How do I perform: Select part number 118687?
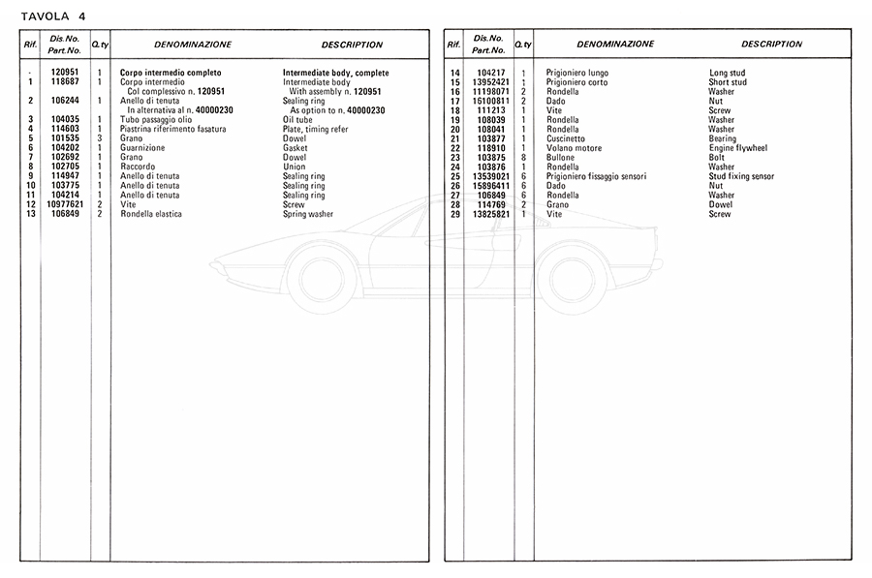pyautogui.click(x=64, y=82)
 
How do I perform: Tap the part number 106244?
pyautogui.click(x=64, y=101)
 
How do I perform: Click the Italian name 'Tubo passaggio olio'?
pyautogui.click(x=156, y=119)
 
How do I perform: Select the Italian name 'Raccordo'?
pyautogui.click(x=138, y=167)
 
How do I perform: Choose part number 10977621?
pyautogui.click(x=64, y=204)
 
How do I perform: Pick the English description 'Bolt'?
pyautogui.click(x=718, y=158)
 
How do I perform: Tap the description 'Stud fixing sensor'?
pyautogui.click(x=741, y=176)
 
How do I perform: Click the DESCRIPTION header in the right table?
pyautogui.click(x=771, y=44)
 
